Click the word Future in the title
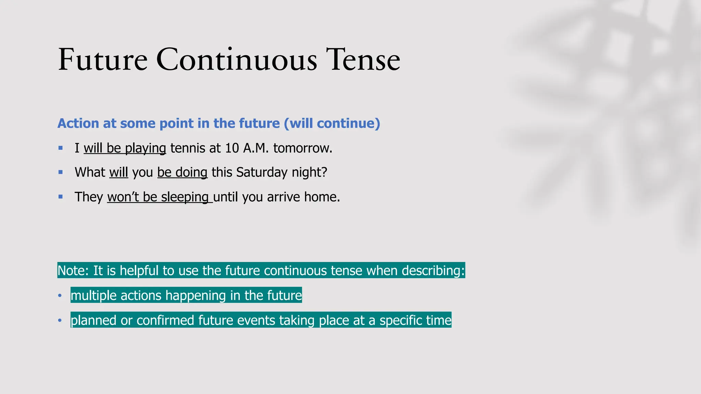[103, 60]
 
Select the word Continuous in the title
[237, 60]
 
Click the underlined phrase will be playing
[125, 148]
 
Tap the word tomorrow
[302, 148]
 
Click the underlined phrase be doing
[182, 172]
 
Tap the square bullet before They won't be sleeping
[61, 197]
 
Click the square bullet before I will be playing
[61, 148]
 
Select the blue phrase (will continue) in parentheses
[332, 123]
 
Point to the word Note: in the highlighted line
[73, 271]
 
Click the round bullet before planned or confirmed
[60, 320]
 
